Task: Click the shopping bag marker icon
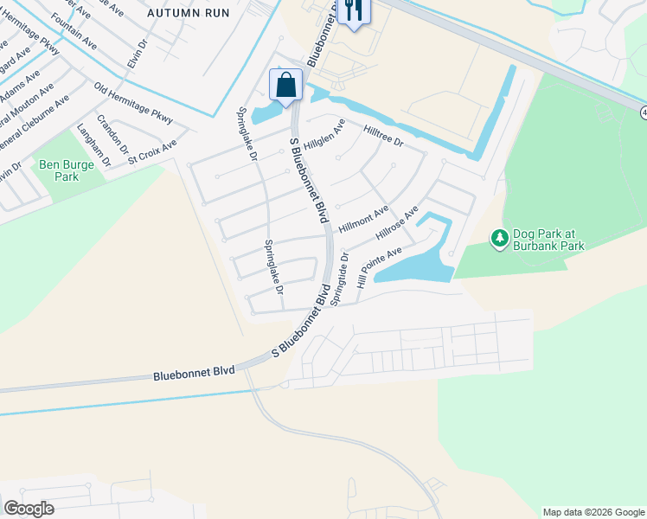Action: pyautogui.click(x=285, y=85)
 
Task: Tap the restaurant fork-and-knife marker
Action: pyautogui.click(x=352, y=10)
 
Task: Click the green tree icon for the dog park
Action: pyautogui.click(x=498, y=238)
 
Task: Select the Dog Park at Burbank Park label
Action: pyautogui.click(x=548, y=240)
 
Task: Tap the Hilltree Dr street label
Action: pyautogui.click(x=383, y=135)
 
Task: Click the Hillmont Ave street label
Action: pyautogui.click(x=363, y=218)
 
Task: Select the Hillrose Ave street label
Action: pyautogui.click(x=397, y=223)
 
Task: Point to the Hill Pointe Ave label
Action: pyautogui.click(x=381, y=263)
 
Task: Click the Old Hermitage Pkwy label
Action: pyautogui.click(x=133, y=104)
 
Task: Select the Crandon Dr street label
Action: pyautogui.click(x=112, y=131)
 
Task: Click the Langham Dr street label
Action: pyautogui.click(x=94, y=144)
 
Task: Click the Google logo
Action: pyautogui.click(x=29, y=508)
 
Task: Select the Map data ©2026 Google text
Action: pyautogui.click(x=593, y=511)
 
